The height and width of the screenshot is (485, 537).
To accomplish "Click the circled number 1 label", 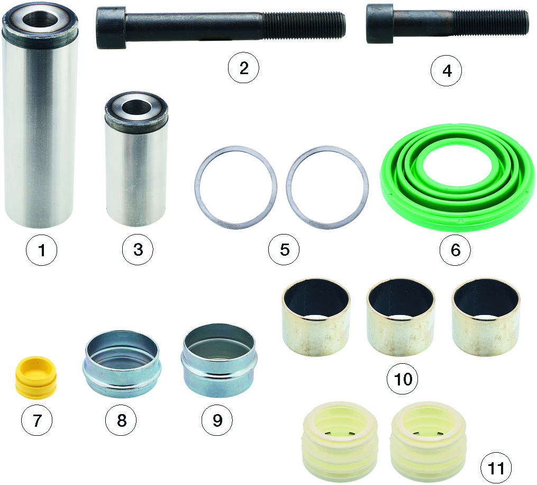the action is [x=41, y=250].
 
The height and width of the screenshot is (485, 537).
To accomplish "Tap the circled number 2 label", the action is [x=243, y=68].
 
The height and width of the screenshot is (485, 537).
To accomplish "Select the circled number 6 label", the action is [x=455, y=250].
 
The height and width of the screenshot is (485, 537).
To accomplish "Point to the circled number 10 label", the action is [x=403, y=379].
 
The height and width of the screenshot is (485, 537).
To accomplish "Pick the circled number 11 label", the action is [x=496, y=468].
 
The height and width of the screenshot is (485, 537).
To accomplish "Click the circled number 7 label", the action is [x=37, y=420].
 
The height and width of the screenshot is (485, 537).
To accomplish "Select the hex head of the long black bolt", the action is [x=110, y=28].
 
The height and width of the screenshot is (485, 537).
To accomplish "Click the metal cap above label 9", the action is [x=219, y=361].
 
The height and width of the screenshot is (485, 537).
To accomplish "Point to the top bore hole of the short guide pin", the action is [x=136, y=107].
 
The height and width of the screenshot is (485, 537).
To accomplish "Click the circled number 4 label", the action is [x=446, y=70].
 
